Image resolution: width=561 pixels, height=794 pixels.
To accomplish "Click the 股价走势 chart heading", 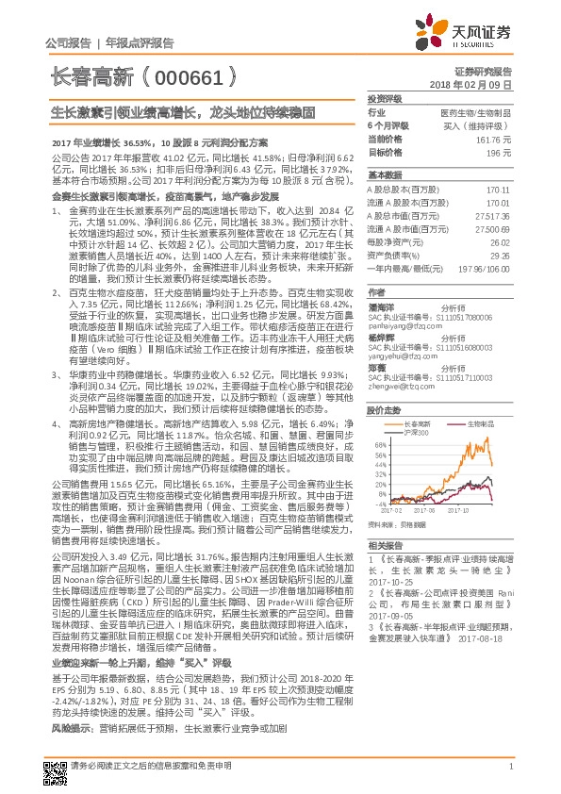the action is click(384, 384).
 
